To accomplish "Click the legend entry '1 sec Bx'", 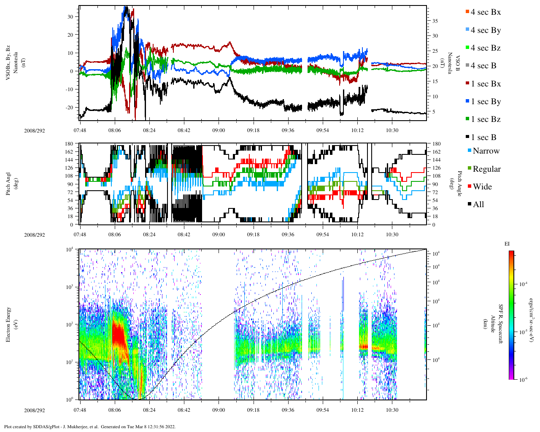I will (485, 84).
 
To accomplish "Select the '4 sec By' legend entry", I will (485, 30).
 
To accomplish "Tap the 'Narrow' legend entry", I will (486, 151).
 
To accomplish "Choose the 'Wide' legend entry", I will (482, 187).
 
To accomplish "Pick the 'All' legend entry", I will (478, 205).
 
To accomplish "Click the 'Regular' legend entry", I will (486, 169).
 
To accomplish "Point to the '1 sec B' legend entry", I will (483, 138).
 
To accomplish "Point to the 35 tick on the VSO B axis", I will (435, 21).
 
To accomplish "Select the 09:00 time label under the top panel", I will (219, 130).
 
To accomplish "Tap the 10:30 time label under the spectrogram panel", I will (392, 410).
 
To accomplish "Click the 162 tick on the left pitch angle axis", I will (69, 152).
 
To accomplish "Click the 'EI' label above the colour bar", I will (507, 244).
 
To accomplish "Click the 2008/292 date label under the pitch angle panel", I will (34, 235).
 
